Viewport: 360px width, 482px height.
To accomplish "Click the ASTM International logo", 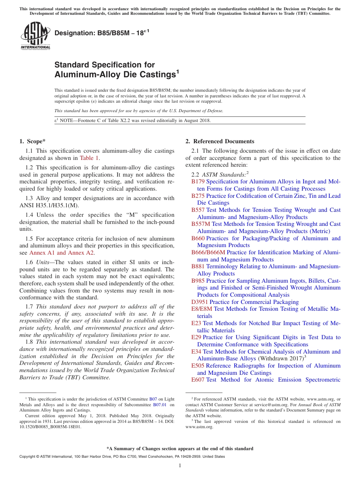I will point(35,36).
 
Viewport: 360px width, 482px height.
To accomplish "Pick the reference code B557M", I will point(200,224).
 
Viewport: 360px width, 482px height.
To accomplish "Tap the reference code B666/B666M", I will point(208,252).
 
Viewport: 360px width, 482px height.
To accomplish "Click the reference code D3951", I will point(199,302).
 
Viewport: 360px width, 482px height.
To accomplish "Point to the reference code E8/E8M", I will point(202,309).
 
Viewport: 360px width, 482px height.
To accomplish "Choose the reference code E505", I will point(198,366).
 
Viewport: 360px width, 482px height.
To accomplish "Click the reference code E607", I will point(198,380).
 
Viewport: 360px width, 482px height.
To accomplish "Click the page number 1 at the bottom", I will point(180,466).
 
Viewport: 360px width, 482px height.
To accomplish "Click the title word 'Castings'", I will point(155,75).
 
